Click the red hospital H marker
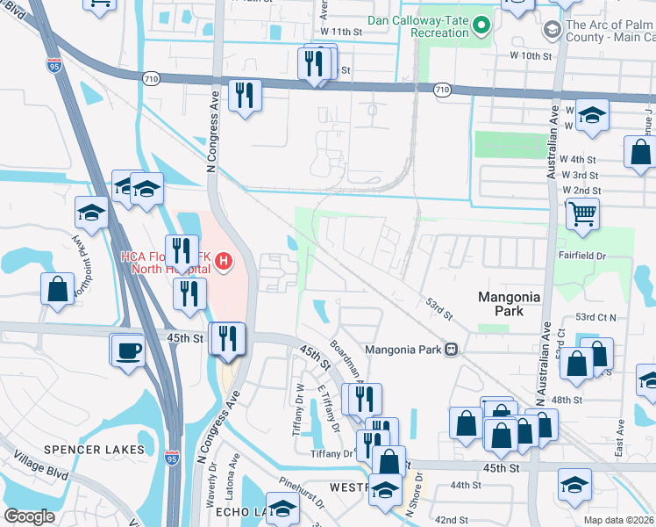click(224, 261)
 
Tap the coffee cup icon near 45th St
click(128, 350)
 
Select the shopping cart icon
click(582, 213)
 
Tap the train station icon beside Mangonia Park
click(451, 349)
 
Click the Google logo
click(29, 516)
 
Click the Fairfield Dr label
click(582, 256)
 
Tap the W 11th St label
click(341, 31)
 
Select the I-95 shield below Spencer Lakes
click(170, 459)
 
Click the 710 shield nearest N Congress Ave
click(151, 78)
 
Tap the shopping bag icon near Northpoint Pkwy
click(57, 289)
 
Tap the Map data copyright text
click(619, 520)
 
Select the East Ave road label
click(620, 436)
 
